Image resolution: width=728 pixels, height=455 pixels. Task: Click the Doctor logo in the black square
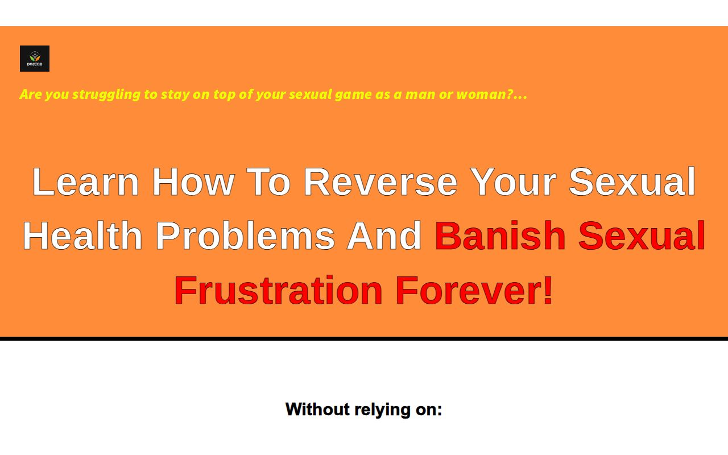tap(35, 59)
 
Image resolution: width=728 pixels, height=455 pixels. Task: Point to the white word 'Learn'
tap(86, 181)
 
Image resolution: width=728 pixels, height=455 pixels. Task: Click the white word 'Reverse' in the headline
tap(380, 181)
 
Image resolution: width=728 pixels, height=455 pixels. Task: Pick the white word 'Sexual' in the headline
tap(632, 181)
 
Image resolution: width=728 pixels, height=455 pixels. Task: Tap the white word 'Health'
tap(82, 235)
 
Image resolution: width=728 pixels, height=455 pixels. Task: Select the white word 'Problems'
tap(245, 235)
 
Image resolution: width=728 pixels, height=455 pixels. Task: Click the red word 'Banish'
tap(500, 235)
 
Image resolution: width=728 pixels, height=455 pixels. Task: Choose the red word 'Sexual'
tap(642, 235)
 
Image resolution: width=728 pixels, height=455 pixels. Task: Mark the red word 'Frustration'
tap(279, 290)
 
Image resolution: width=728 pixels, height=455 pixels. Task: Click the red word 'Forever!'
tap(474, 290)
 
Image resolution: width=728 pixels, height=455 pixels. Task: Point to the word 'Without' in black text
tap(317, 409)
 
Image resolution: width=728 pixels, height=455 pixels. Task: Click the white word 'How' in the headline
tap(193, 181)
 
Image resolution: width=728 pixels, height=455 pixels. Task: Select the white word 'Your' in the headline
tap(513, 181)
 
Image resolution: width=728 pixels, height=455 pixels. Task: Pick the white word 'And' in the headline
tap(384, 235)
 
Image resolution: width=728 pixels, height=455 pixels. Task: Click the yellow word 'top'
tap(225, 95)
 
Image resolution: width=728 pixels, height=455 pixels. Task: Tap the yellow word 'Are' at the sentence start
tap(31, 94)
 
